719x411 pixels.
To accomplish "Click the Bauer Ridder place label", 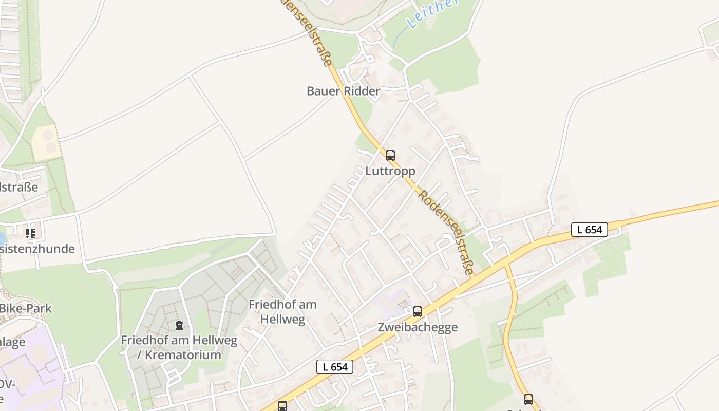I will (343, 91).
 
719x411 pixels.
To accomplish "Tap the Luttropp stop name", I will (390, 171).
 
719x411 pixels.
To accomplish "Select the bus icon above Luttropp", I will (390, 155).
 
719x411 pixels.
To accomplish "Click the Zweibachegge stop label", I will (418, 327).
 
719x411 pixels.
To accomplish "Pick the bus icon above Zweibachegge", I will (418, 311).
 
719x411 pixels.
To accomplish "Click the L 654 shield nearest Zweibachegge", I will (335, 367).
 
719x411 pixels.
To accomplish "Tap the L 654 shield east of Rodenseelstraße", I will (589, 230).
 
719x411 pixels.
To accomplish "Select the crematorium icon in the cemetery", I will (179, 325).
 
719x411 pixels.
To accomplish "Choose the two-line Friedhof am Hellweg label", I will (282, 311).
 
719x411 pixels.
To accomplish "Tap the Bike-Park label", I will (26, 309).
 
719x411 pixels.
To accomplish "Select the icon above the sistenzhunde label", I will (30, 234).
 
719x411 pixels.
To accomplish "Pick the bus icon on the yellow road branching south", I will (528, 399).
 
